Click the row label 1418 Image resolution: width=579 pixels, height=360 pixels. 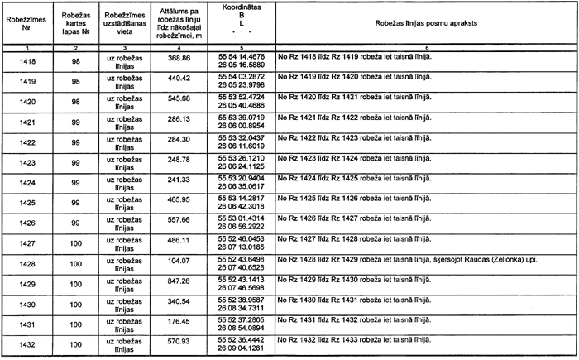pyautogui.click(x=26, y=62)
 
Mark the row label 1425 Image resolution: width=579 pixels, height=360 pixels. pyautogui.click(x=26, y=199)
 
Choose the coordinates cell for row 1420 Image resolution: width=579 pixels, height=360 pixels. pyautogui.click(x=242, y=102)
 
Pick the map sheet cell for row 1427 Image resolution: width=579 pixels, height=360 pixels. pyautogui.click(x=75, y=241)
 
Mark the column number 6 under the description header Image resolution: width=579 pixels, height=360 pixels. pyautogui.click(x=423, y=50)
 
